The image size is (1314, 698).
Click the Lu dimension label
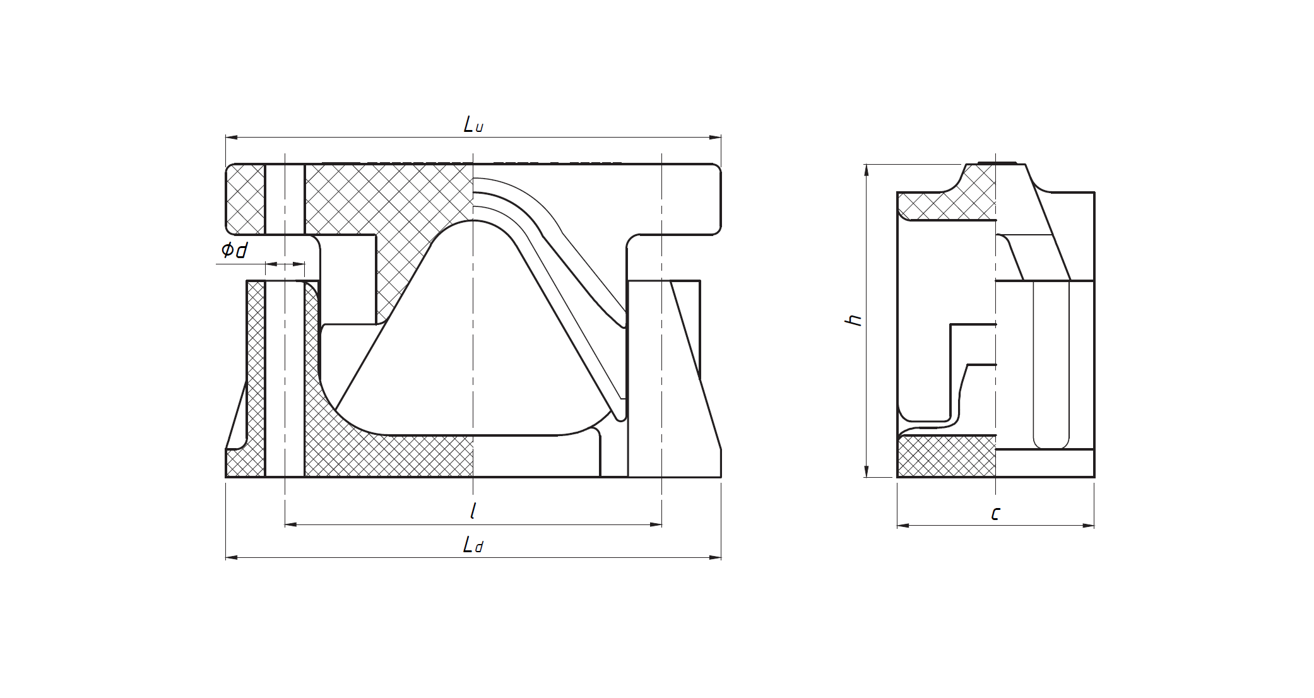(473, 124)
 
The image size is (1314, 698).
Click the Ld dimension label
(473, 545)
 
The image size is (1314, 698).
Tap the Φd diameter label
(234, 251)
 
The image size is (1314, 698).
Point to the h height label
(853, 320)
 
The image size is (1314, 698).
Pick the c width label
(995, 514)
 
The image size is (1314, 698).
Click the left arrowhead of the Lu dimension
(231, 137)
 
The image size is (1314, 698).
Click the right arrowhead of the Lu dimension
(716, 137)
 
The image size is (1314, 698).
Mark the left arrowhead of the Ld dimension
(231, 557)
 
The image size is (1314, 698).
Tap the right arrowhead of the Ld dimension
(716, 557)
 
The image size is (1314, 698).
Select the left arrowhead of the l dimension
(290, 524)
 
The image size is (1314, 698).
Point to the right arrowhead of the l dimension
(656, 524)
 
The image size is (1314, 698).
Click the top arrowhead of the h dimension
(867, 169)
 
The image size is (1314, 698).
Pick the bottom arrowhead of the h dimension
(867, 472)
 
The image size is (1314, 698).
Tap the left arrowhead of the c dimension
(903, 525)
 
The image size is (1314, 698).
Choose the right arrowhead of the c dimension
(1089, 525)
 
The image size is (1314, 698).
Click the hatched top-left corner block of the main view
(246, 199)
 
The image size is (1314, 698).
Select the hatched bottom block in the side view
(946, 456)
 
